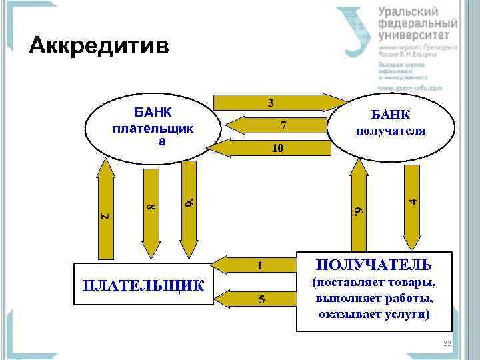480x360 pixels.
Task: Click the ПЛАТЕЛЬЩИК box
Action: (143, 285)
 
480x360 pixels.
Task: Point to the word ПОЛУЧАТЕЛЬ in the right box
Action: (373, 264)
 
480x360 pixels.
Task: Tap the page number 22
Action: (447, 343)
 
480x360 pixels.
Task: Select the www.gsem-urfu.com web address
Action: (410, 87)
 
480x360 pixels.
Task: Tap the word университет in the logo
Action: (417, 35)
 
